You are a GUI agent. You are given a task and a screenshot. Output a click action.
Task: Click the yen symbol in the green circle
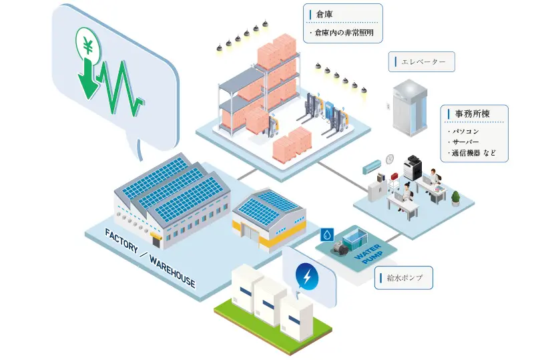(88, 45)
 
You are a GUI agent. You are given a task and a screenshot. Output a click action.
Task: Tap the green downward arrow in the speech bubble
(87, 80)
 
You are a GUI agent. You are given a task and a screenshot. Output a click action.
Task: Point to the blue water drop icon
(327, 234)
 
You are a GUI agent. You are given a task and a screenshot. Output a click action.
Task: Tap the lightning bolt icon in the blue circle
(306, 276)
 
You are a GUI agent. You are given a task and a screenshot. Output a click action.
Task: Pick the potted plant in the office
(456, 198)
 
